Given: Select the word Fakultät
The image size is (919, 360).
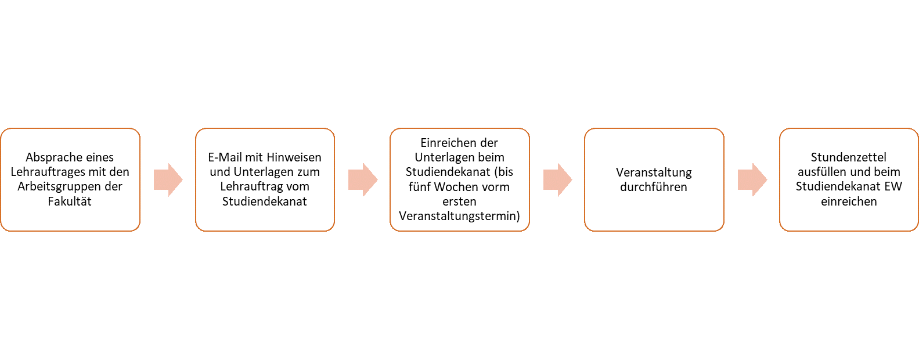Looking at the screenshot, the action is click(70, 201).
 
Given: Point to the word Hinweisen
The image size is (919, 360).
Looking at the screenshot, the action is click(294, 157).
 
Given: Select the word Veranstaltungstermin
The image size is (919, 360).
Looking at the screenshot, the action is click(458, 216).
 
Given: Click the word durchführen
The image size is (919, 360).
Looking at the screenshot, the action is click(654, 187).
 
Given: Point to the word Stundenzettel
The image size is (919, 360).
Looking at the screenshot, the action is click(848, 157).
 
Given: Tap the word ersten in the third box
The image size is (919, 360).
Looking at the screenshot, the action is click(459, 201).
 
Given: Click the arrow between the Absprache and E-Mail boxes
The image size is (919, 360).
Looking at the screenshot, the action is click(168, 180).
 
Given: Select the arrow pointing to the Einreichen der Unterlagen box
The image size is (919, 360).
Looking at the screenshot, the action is click(363, 180).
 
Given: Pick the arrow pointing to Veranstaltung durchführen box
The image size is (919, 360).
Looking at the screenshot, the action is click(557, 180).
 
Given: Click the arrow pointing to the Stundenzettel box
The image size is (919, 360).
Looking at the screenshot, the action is click(752, 180).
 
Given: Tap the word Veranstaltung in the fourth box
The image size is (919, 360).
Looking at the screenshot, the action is click(654, 172).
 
